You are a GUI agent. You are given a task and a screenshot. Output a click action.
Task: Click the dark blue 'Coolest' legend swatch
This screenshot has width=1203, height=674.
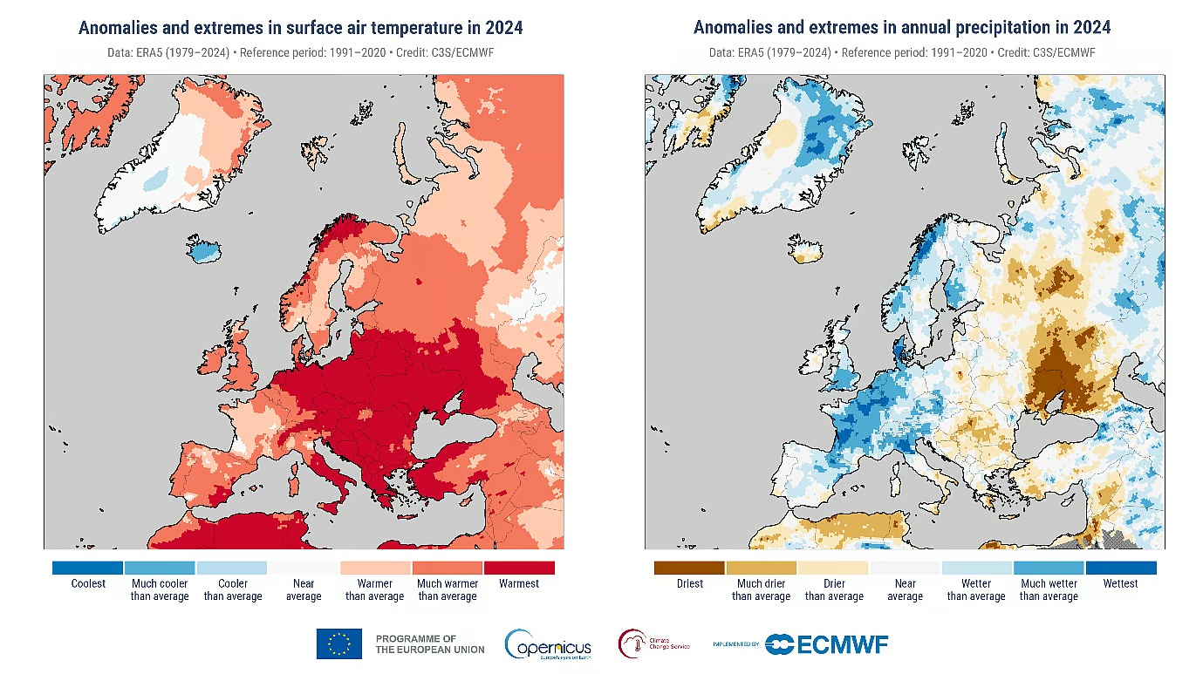87,568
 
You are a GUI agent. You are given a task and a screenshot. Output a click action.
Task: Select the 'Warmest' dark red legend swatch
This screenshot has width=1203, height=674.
519,568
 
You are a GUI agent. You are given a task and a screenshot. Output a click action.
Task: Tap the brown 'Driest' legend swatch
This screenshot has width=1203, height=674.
689,568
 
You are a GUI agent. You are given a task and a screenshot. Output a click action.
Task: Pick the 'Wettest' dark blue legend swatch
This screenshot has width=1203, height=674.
1121,568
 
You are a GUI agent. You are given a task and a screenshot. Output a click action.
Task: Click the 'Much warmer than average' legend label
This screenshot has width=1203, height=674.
447,590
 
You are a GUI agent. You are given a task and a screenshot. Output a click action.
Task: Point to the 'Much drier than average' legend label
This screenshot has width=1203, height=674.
761,590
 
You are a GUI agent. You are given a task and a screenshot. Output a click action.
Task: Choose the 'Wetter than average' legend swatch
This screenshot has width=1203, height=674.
976,568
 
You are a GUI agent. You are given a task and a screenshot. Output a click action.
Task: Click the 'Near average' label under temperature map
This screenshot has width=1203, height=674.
304,590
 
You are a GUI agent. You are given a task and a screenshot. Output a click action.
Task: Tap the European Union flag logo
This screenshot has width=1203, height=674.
339,644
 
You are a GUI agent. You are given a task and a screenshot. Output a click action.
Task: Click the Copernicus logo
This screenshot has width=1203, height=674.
548,644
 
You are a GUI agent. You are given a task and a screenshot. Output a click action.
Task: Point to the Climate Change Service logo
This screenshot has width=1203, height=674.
654,644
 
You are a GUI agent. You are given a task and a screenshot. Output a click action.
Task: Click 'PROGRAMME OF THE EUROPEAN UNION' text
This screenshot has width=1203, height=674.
430,644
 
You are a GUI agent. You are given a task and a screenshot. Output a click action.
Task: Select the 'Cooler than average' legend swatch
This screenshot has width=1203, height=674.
232,568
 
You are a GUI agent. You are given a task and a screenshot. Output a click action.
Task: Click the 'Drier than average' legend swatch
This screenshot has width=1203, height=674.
833,568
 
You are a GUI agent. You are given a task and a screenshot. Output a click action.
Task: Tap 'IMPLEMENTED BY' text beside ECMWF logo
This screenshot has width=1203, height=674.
735,645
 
